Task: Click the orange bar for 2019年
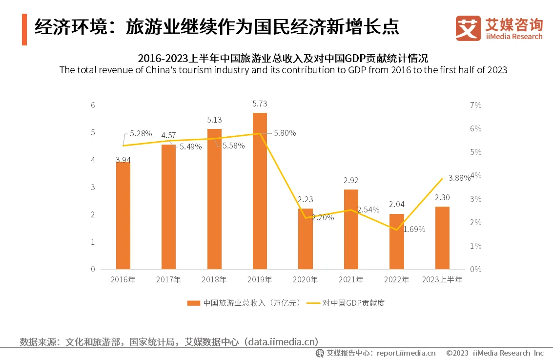pyautogui.click(x=260, y=191)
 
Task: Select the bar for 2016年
pyautogui.click(x=123, y=215)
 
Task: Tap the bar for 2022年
pyautogui.click(x=396, y=241)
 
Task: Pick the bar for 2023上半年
pyautogui.click(x=442, y=238)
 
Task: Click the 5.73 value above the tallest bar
pyautogui.click(x=260, y=104)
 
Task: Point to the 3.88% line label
pyautogui.click(x=459, y=178)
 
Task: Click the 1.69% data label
pyautogui.click(x=414, y=229)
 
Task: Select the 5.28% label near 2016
pyautogui.click(x=141, y=133)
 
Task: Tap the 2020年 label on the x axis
pyautogui.click(x=305, y=280)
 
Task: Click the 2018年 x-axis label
pyautogui.click(x=214, y=280)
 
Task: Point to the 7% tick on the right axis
pyautogui.click(x=475, y=105)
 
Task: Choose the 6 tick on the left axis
pyautogui.click(x=93, y=105)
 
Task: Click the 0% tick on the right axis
pyautogui.click(x=475, y=269)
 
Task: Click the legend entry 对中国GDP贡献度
pyautogui.click(x=353, y=303)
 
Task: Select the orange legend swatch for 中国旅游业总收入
pyautogui.click(x=194, y=303)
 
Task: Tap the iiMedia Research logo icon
pyautogui.click(x=468, y=28)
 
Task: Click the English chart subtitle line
pyautogui.click(x=283, y=70)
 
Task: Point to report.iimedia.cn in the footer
pyautogui.click(x=406, y=353)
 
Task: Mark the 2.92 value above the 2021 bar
pyautogui.click(x=351, y=181)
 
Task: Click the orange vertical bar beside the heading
pyautogui.click(x=24, y=29)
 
